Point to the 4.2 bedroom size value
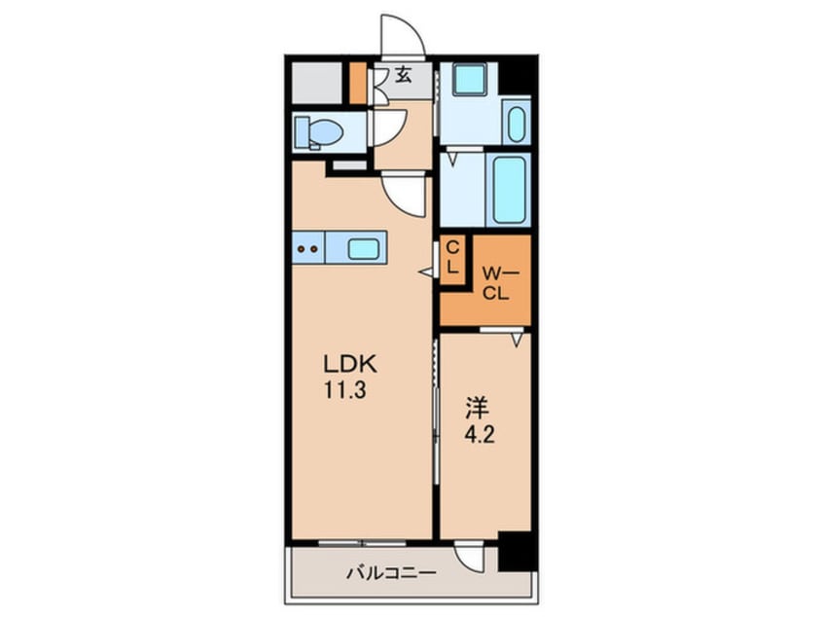coord(476,429)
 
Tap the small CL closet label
coord(451,259)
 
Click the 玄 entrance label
coord(403,73)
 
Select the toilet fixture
coord(319,130)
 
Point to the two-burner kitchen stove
coord(307,248)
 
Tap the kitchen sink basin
coord(362,248)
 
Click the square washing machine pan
coord(469,80)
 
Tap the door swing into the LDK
coord(404,194)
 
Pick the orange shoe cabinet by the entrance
coord(358,84)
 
